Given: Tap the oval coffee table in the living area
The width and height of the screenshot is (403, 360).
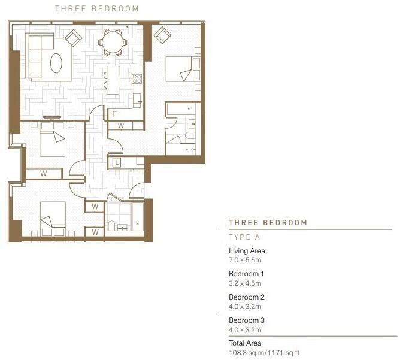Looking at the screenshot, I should (56, 63).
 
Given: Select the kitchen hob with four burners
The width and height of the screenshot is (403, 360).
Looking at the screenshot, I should (137, 78).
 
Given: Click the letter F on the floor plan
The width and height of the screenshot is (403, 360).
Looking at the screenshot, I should (114, 114).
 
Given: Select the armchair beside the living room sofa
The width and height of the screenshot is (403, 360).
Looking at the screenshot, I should (73, 38).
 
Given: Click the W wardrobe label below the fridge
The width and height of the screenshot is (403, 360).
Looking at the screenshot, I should (120, 126).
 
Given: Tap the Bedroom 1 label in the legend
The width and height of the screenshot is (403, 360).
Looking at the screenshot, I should (247, 274).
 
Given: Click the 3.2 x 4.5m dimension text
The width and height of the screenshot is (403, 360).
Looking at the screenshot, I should (246, 283).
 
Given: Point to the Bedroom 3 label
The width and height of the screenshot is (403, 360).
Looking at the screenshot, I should (247, 320).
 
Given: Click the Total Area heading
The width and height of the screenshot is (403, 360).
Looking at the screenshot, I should (245, 343).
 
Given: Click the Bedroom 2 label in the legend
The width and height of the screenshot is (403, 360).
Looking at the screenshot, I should (247, 297).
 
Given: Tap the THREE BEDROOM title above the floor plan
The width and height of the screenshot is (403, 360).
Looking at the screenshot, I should (96, 9).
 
